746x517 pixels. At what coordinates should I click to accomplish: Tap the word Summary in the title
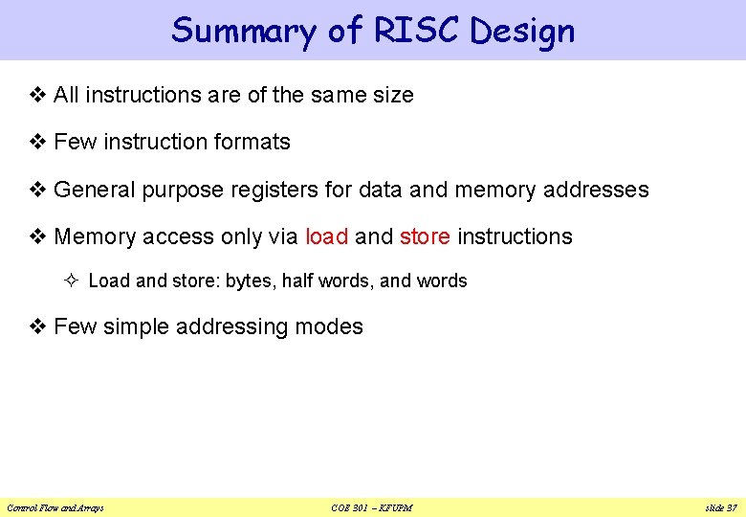[x=243, y=31]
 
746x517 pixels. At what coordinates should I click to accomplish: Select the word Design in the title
[x=522, y=31]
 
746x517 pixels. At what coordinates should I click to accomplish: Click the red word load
[x=326, y=236]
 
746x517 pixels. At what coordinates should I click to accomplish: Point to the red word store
[x=425, y=236]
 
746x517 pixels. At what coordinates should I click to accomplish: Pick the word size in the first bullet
[x=393, y=96]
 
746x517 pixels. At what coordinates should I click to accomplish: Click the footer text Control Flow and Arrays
[x=55, y=507]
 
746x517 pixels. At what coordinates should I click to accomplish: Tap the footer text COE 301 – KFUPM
[x=373, y=507]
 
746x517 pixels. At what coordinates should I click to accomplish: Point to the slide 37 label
[x=720, y=507]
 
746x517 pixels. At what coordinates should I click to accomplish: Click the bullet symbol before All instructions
[x=38, y=96]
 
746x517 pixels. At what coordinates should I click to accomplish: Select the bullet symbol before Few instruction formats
[x=38, y=143]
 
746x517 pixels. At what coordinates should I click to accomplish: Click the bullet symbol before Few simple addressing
[x=38, y=327]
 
